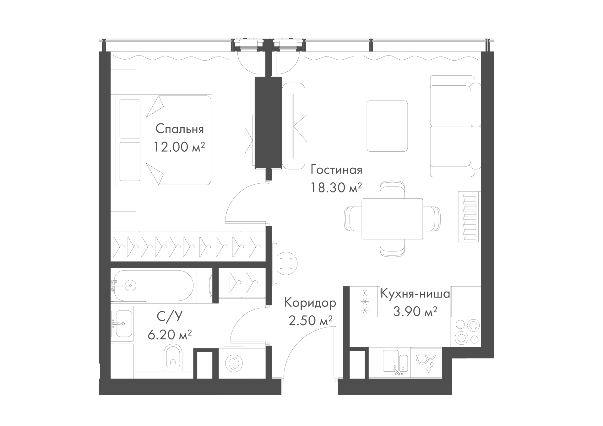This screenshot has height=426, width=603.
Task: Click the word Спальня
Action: pos(180,129)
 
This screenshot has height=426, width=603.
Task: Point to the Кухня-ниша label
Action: pos(415,294)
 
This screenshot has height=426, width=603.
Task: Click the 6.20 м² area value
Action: pos(170,335)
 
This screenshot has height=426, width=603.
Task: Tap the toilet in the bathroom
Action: pos(173,357)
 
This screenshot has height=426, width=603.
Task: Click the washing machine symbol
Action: pos(234,363)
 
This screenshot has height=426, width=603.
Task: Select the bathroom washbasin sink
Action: pos(122,323)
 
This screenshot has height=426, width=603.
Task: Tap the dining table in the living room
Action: pos(392,219)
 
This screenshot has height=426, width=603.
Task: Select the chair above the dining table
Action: pos(392,190)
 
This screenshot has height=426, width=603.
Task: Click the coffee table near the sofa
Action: pos(387,126)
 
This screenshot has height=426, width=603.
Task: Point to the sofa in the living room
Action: pos(455,126)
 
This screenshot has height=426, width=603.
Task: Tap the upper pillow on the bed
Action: pos(130,119)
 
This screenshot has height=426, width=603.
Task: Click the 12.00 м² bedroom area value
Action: pos(179,147)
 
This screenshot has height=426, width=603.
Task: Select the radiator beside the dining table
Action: pos(470,217)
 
